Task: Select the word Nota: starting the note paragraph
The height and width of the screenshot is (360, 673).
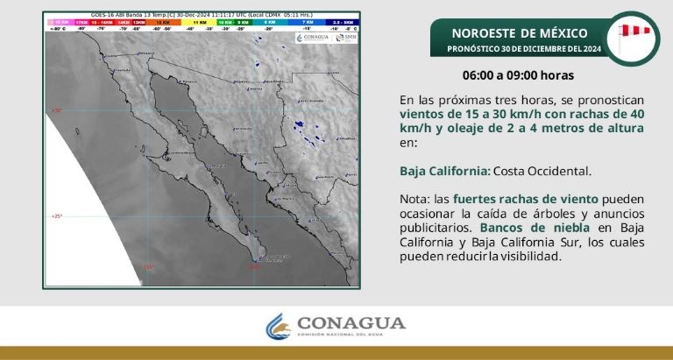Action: click(416, 199)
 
